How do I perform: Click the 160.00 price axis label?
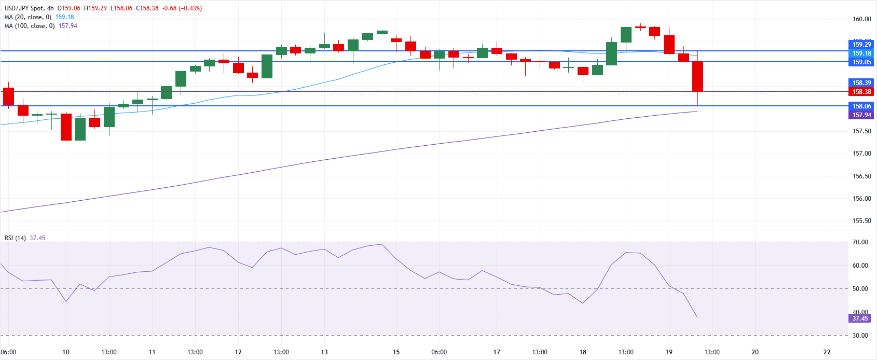861,19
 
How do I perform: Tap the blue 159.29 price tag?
861,45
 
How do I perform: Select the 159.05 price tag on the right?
861,62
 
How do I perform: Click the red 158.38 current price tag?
861,92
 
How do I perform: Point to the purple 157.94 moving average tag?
861,115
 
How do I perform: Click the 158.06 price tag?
861,106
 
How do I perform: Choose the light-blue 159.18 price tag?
861,53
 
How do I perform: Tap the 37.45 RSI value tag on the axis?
860,319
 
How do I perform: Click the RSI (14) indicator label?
15,238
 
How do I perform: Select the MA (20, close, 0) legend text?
28,17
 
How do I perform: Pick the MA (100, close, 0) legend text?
30,26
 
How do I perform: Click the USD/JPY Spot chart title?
24,8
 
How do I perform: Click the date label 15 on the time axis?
396,352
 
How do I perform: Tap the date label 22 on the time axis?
827,352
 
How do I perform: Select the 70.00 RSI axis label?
860,242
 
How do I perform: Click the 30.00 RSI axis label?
860,336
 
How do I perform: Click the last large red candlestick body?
697,76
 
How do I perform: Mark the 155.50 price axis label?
861,221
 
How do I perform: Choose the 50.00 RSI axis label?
860,289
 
